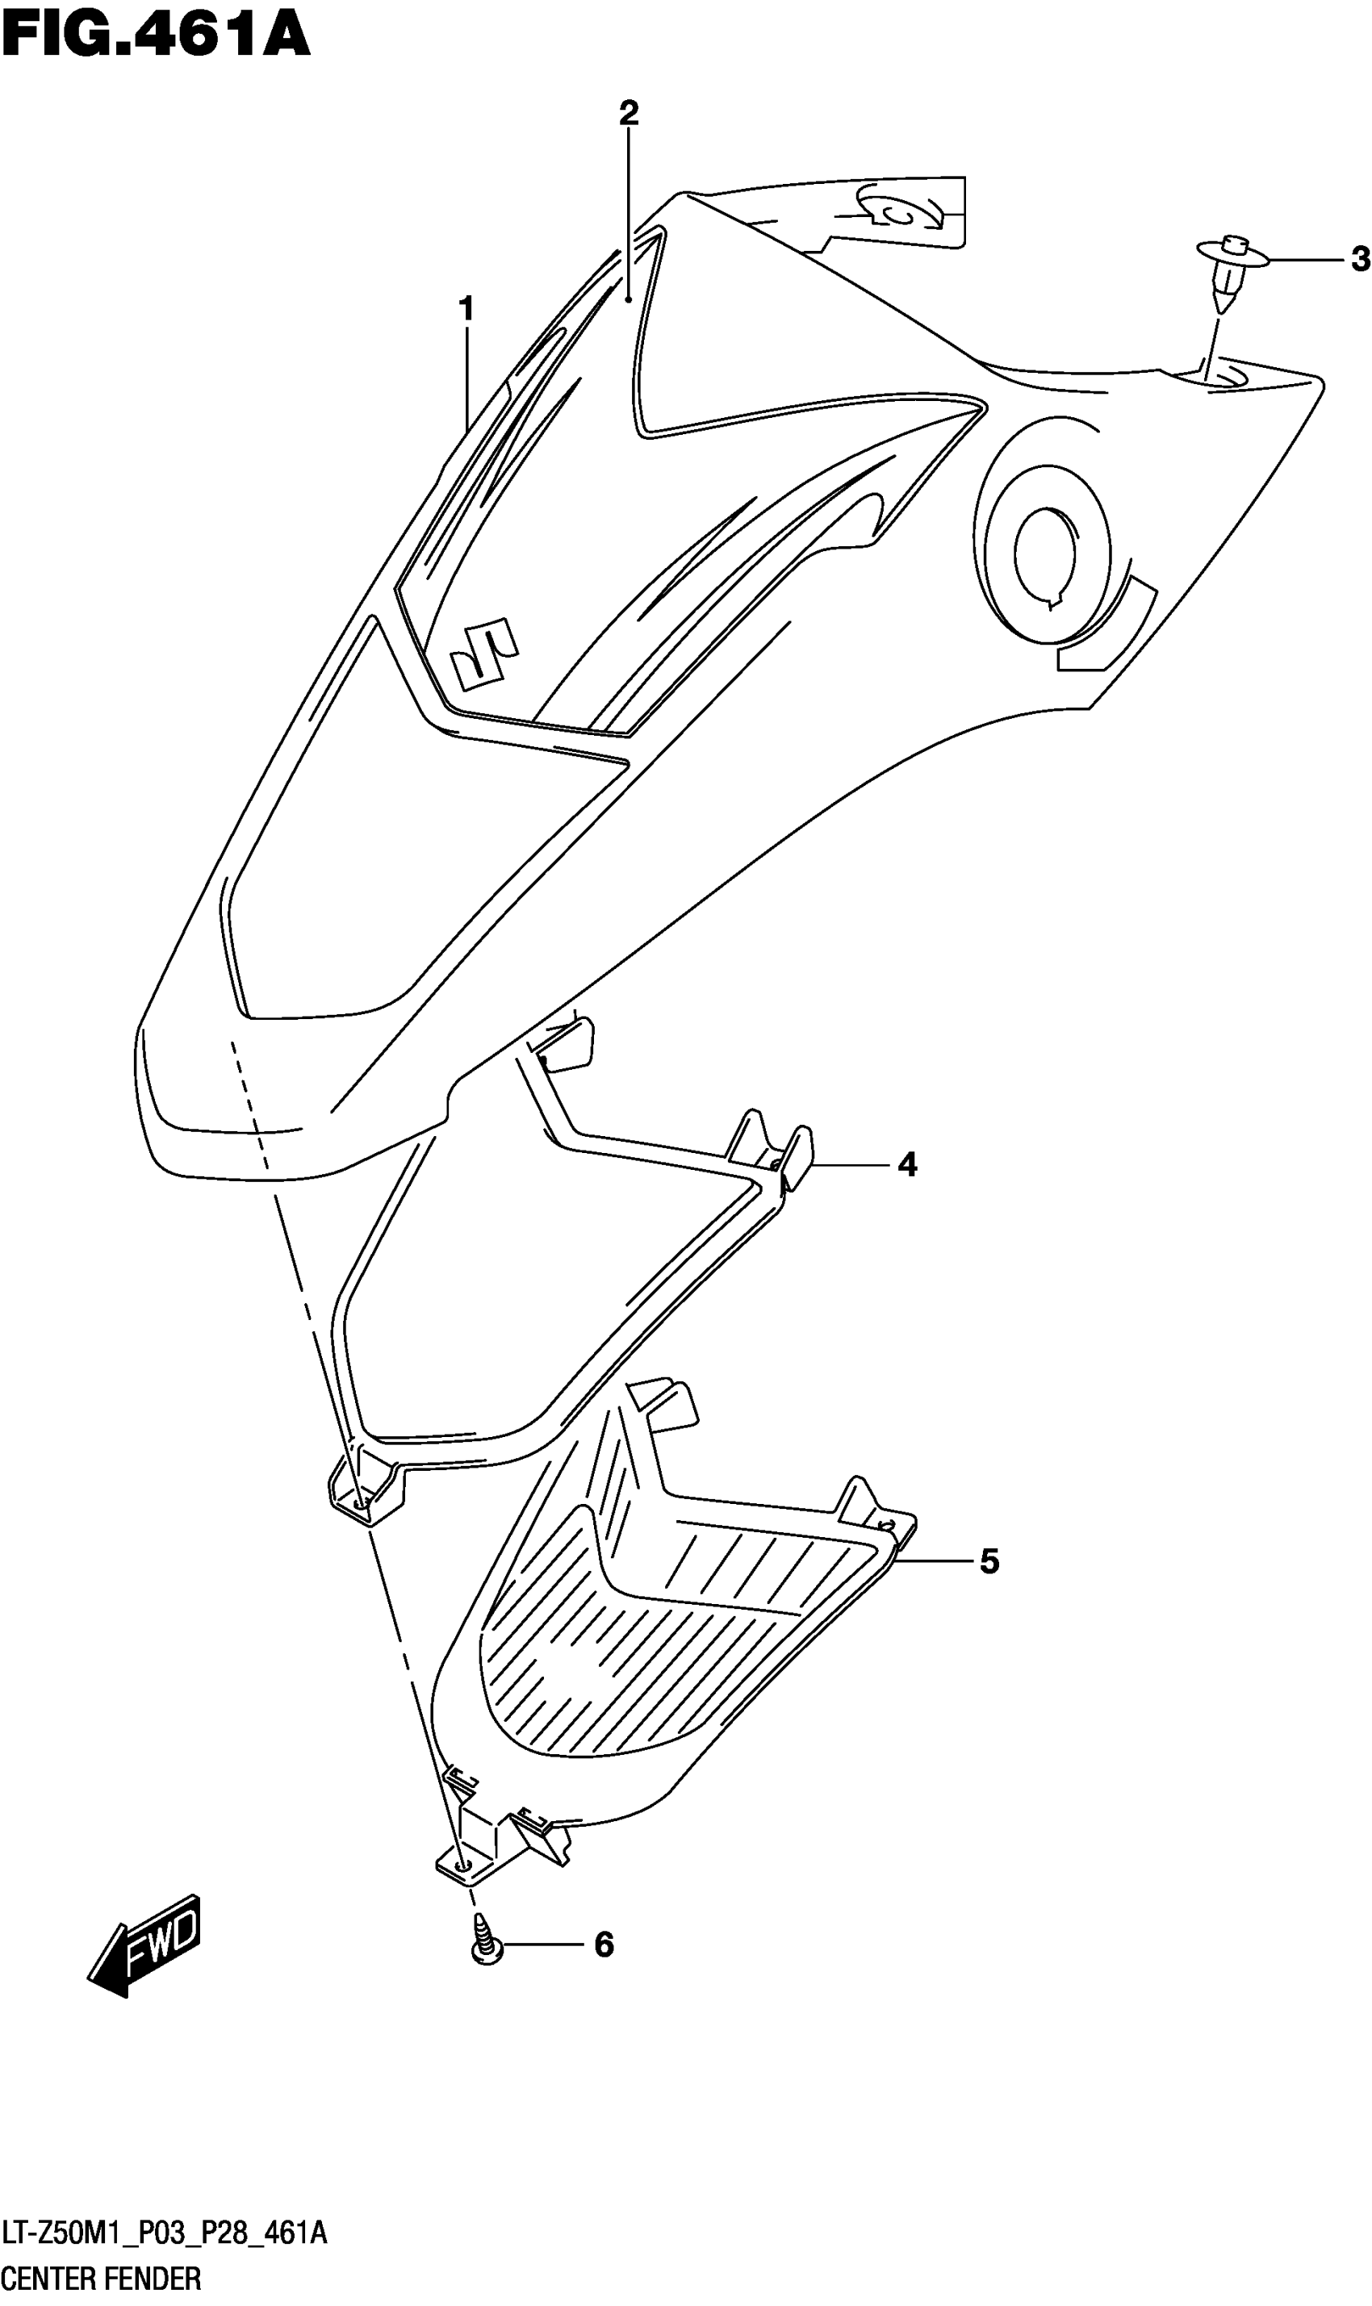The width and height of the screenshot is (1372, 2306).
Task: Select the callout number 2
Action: coord(629,114)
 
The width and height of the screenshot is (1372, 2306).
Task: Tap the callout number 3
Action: coord(1358,260)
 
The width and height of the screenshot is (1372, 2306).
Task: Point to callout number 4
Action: coord(907,1164)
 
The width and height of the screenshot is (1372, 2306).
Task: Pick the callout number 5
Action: coord(989,1561)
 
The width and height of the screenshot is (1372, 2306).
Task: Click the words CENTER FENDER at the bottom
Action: coord(101,2279)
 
